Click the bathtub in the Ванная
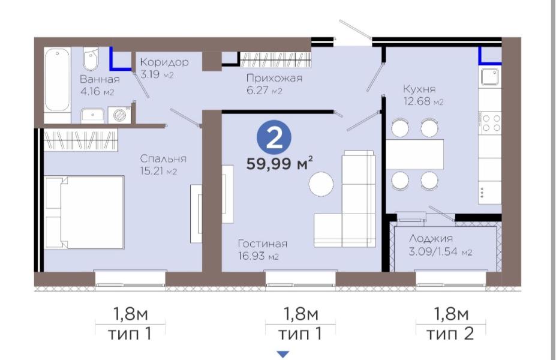58,80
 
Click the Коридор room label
164,62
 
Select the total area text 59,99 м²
281,164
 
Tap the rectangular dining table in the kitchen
414,154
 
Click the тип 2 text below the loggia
451,333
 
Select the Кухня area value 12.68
422,102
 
